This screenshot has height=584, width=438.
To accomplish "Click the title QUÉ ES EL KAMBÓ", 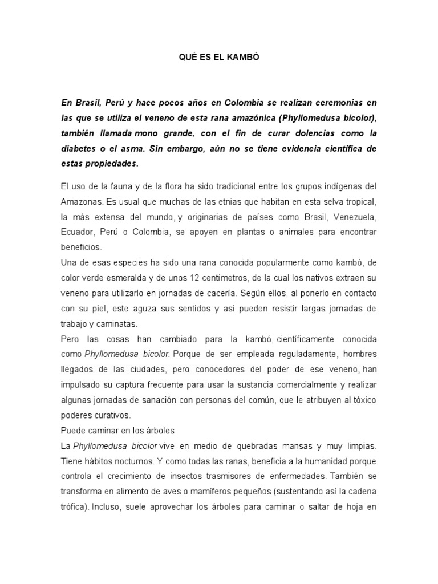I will (219, 58).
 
